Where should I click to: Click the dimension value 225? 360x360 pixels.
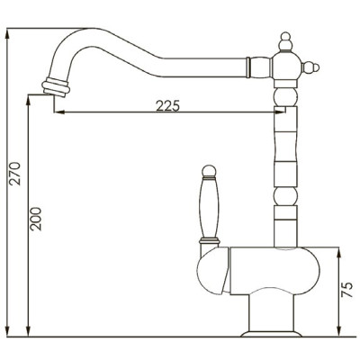167,105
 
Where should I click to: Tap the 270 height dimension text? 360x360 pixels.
14,174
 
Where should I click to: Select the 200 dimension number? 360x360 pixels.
36,219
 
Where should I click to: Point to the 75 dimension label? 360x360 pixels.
347,290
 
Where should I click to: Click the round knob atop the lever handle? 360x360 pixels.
209,171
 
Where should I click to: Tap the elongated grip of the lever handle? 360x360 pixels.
209,209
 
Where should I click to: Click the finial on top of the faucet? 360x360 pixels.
285,41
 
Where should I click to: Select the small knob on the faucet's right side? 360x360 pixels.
310,67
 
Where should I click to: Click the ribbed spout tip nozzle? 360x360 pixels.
56,87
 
